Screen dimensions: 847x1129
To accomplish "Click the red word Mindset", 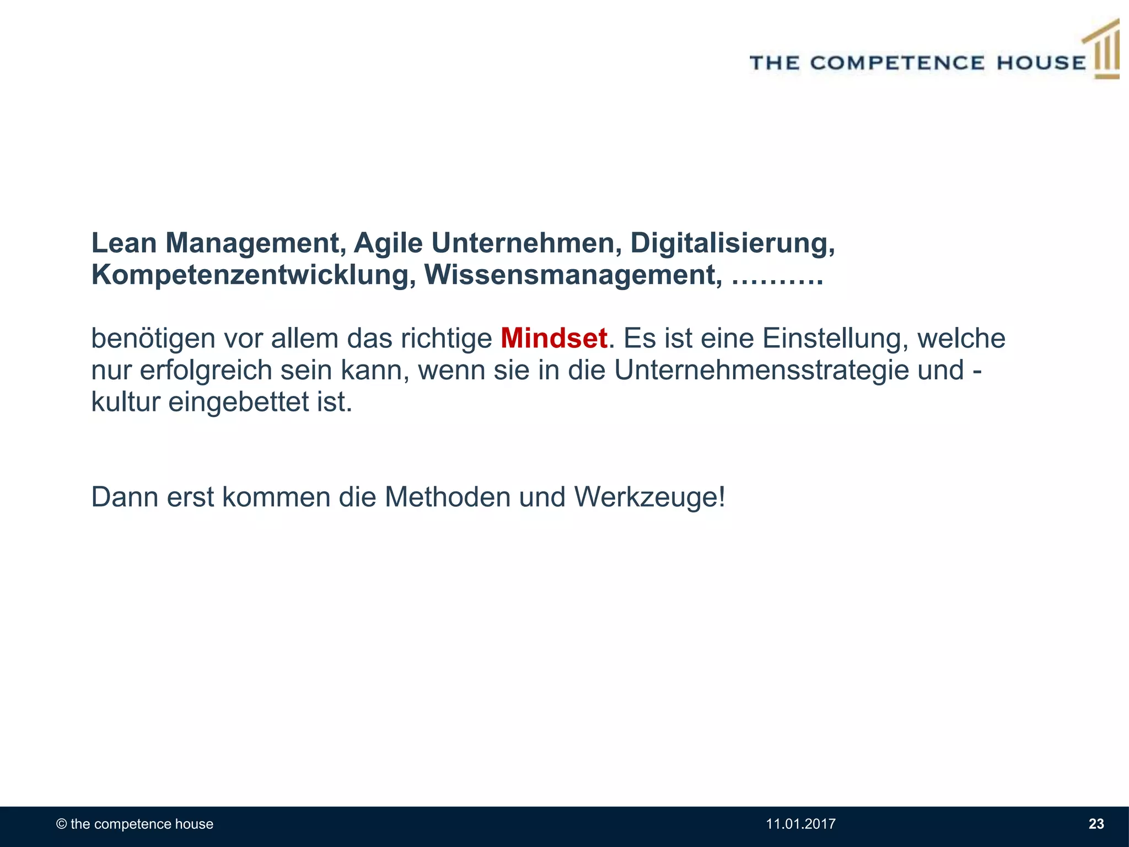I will pyautogui.click(x=553, y=339).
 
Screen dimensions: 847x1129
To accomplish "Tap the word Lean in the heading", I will pyautogui.click(x=124, y=243).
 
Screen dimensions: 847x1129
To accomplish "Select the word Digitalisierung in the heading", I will pyautogui.click(x=732, y=243).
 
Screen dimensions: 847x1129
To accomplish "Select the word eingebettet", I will pyautogui.click(x=238, y=403).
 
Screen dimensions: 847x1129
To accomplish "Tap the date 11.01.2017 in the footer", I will pyautogui.click(x=800, y=824).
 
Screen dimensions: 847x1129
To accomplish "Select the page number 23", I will pyautogui.click(x=1096, y=824).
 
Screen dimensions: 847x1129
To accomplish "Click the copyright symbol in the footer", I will pyautogui.click(x=62, y=824).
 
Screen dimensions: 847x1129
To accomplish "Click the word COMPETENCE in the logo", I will pyautogui.click(x=897, y=63).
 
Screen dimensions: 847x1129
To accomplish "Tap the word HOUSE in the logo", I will pyautogui.click(x=1041, y=63).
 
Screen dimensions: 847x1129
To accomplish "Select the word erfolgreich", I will pyautogui.click(x=206, y=370).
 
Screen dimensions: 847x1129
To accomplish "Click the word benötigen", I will pyautogui.click(x=153, y=339).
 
